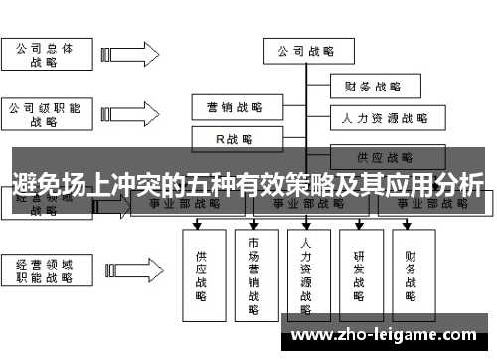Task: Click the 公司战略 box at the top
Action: coord(306,50)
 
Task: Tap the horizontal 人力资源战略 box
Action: coord(380,119)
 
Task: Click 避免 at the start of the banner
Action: coord(36,184)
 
